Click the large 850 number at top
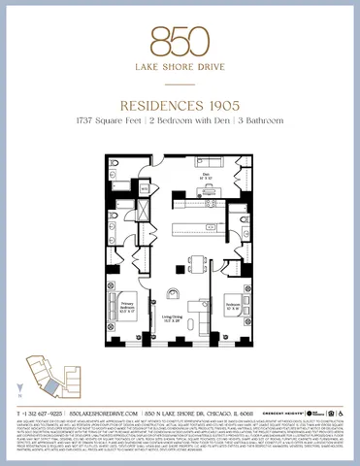pos(180,40)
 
